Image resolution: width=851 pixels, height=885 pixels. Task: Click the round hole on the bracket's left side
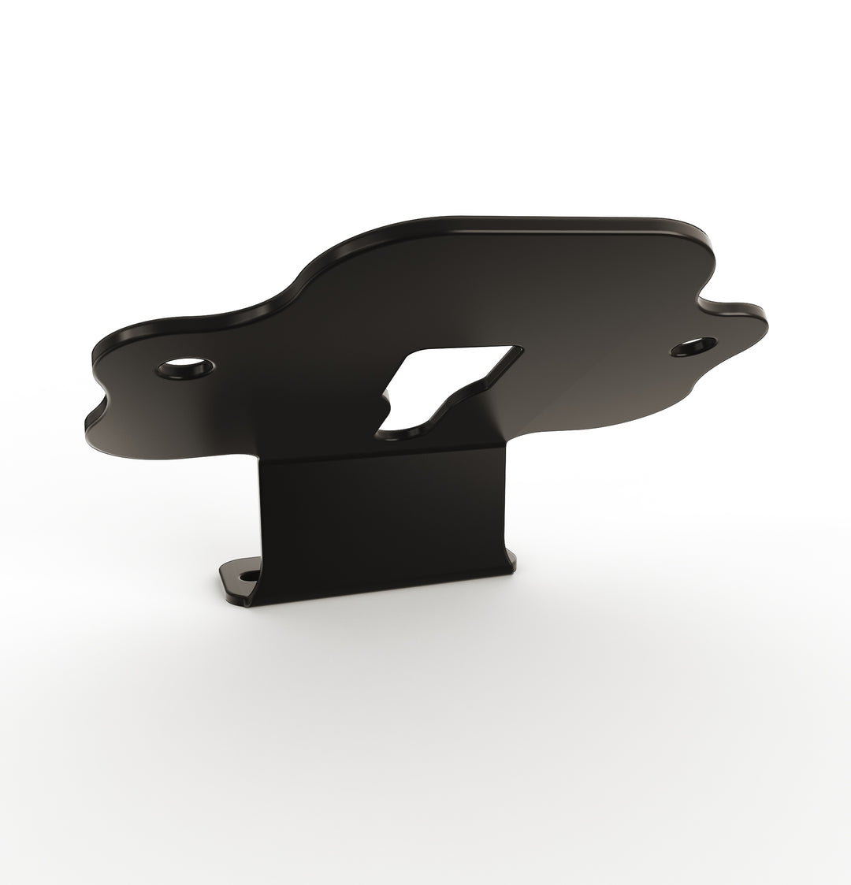pyautogui.click(x=186, y=367)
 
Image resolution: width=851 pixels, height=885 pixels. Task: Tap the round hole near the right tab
pyautogui.click(x=694, y=346)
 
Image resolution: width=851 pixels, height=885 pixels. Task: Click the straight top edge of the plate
pyautogui.click(x=552, y=220)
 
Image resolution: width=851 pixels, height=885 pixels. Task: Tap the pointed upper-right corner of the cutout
pyautogui.click(x=519, y=348)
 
